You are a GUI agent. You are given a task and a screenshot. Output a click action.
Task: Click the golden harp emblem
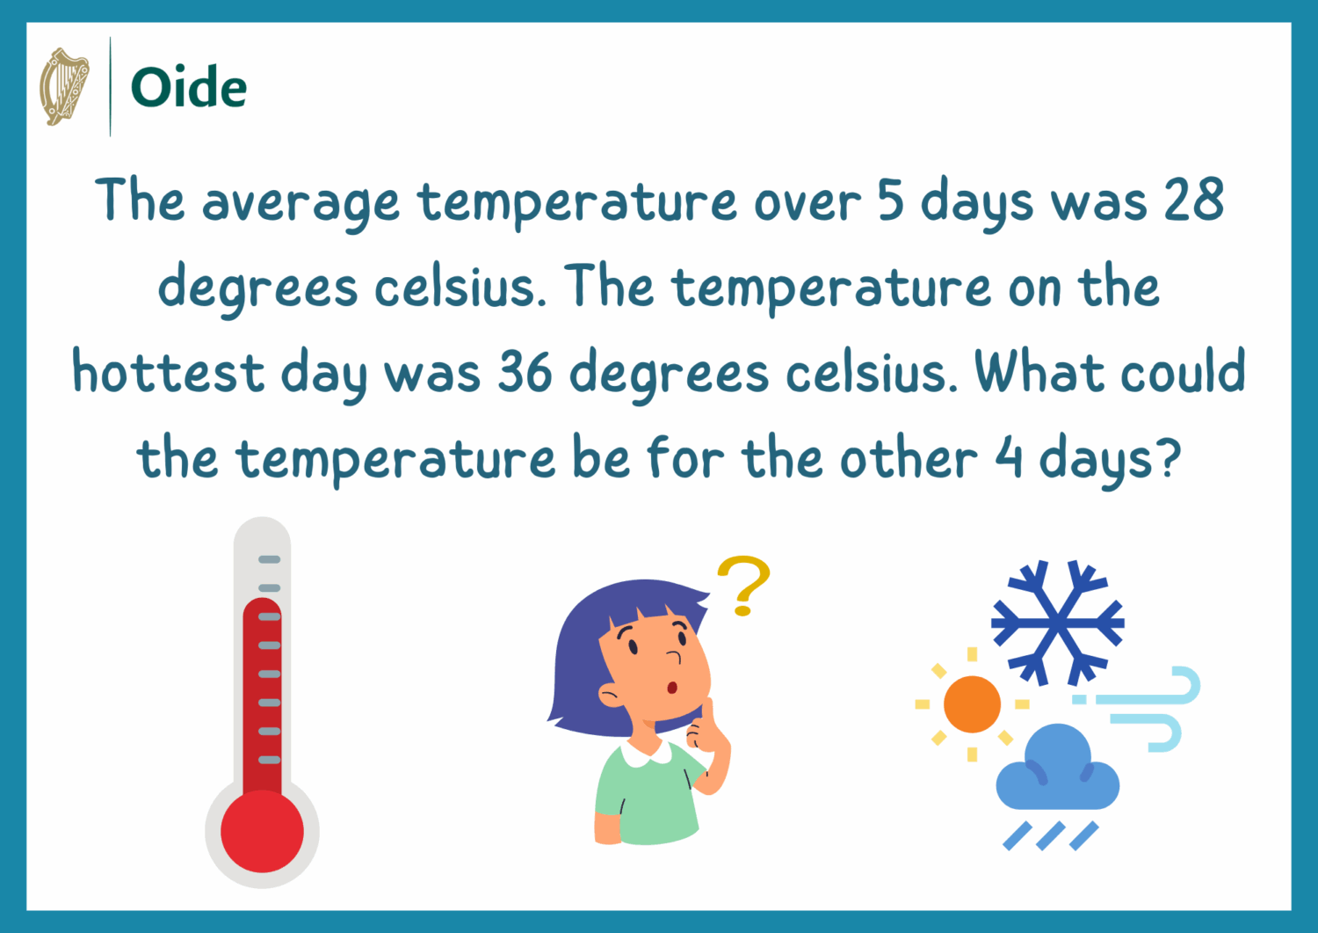(64, 86)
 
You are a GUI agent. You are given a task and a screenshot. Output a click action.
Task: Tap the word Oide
(189, 87)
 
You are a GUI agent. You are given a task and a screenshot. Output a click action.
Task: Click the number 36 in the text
(525, 371)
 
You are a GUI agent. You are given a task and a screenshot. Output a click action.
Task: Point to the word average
(301, 204)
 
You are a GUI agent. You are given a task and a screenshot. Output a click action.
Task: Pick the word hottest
(169, 370)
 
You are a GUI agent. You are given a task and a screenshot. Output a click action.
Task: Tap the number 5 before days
(891, 200)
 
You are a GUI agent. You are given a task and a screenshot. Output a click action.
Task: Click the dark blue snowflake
(1058, 623)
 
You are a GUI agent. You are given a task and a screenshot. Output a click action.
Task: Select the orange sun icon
(972, 703)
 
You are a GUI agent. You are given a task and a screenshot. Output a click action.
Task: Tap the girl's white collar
(647, 754)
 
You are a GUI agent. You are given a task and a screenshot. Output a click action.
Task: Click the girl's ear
(612, 695)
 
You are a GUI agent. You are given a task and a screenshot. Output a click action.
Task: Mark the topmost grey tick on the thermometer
(270, 559)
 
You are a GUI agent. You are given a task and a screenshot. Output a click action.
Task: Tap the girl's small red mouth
(672, 688)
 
